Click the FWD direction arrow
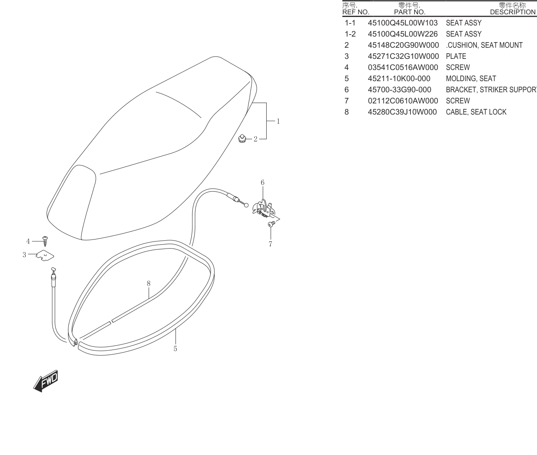point(46,381)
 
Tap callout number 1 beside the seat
point(278,121)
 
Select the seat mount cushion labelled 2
point(242,138)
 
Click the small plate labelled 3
point(45,256)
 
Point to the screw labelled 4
point(45,241)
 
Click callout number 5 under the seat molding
point(176,349)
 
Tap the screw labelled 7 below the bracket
point(271,224)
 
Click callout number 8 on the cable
point(148,284)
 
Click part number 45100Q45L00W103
point(403,23)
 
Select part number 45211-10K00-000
point(399,78)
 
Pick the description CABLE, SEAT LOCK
point(476,112)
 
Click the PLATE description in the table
point(456,56)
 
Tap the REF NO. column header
point(355,12)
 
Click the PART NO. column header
point(410,12)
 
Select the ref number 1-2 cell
point(350,34)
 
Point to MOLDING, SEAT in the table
point(471,78)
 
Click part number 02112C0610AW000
point(403,101)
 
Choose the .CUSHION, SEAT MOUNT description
point(484,45)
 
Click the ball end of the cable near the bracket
point(246,205)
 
